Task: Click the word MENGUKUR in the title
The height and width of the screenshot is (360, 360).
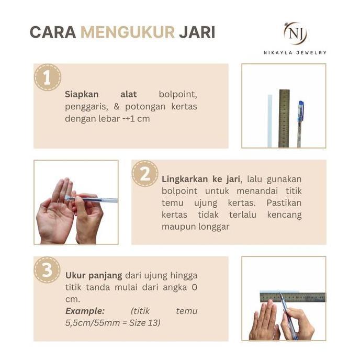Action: [127, 32]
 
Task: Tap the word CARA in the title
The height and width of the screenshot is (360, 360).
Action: [52, 32]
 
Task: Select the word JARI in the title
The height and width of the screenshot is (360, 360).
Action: [197, 32]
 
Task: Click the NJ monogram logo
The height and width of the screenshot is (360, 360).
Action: [295, 33]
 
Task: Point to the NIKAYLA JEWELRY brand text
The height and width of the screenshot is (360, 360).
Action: [295, 52]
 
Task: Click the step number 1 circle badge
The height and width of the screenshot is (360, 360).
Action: [47, 77]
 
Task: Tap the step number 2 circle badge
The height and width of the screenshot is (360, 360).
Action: [145, 174]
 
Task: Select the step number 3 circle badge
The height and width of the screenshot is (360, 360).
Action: [47, 270]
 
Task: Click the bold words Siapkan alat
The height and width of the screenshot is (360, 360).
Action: [100, 95]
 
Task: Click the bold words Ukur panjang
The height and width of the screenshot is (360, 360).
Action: [94, 275]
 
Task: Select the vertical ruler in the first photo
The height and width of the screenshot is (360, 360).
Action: [284, 118]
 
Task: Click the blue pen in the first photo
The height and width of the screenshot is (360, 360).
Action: [300, 123]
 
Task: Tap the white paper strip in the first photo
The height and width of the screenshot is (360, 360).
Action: [270, 120]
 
